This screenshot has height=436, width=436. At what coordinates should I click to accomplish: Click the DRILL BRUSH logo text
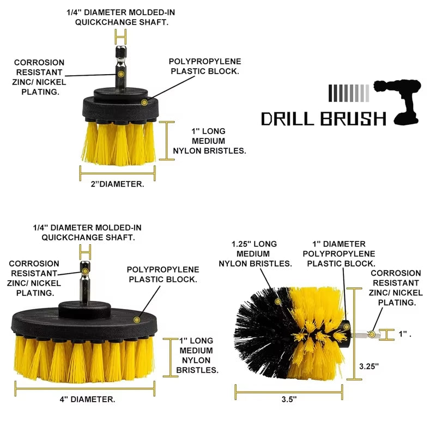coord(323,118)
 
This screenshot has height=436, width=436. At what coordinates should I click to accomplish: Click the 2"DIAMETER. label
coord(117,184)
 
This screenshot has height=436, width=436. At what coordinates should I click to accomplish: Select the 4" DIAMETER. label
coord(87,399)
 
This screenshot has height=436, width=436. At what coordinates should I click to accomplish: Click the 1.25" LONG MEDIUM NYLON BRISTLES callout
coord(255,253)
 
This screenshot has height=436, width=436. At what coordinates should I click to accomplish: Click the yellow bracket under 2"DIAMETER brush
coord(117,173)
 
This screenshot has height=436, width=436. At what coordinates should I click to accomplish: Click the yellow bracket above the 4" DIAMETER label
coord(87,389)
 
